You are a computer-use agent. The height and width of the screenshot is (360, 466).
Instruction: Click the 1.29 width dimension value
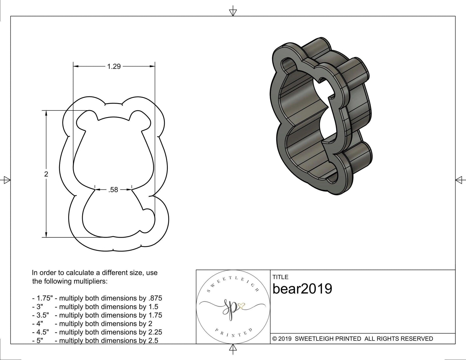[x=114, y=67]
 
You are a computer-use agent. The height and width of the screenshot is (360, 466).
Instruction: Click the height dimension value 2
[x=46, y=174]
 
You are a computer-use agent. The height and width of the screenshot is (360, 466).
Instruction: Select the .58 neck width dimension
[x=113, y=190]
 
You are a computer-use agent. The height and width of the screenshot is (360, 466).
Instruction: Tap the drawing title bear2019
[x=302, y=289]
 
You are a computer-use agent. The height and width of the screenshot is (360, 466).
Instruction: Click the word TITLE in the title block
[x=280, y=277]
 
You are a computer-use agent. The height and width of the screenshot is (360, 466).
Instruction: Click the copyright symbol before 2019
[x=274, y=339]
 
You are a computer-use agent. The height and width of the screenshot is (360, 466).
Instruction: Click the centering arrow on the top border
[x=233, y=12]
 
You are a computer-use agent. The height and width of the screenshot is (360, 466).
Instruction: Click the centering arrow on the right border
[x=459, y=180]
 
